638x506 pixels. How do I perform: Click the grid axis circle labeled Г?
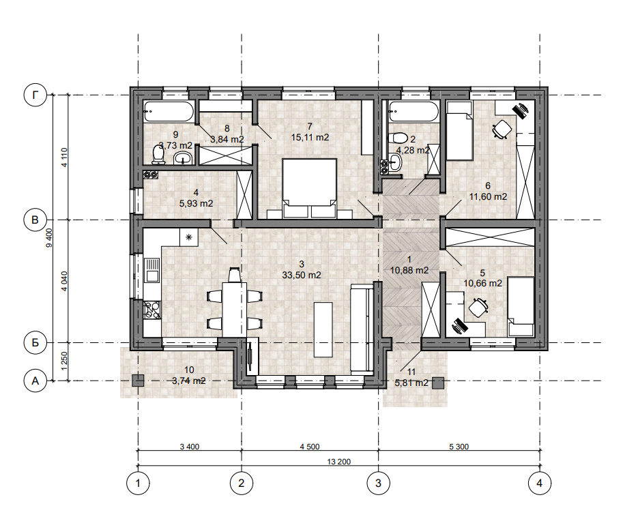point(35,95)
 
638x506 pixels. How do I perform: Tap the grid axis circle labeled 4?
point(540,483)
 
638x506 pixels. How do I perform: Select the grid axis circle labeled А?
point(35,381)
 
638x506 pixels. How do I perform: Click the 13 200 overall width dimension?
point(339,462)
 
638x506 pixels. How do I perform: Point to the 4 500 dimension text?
point(310,447)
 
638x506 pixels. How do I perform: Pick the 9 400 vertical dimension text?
point(49,238)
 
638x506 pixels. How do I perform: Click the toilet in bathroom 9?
point(158,155)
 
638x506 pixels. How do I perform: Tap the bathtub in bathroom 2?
point(414,111)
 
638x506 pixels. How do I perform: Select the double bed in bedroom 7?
point(310,189)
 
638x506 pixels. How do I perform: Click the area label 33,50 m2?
point(302,276)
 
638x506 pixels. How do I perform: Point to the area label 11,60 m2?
point(488,197)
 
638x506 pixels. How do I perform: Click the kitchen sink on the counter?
point(153,271)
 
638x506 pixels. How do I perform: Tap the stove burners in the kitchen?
point(152,310)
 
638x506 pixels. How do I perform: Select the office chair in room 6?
point(502,130)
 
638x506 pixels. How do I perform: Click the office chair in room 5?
point(478,307)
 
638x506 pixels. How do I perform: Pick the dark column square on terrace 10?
point(138,381)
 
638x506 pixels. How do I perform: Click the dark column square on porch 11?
point(438,383)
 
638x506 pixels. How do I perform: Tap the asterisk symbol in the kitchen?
point(189,237)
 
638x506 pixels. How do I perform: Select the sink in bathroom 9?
point(184,158)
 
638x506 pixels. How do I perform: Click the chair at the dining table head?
point(234,275)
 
